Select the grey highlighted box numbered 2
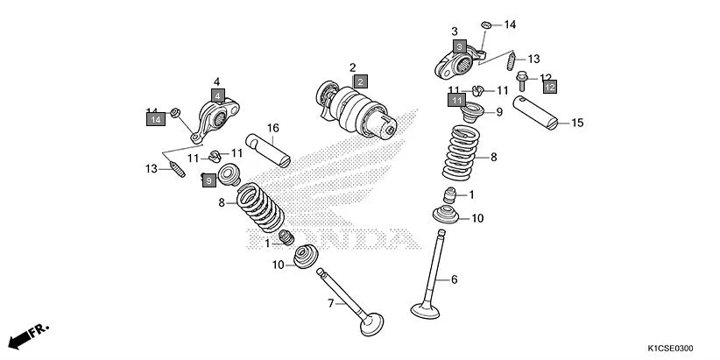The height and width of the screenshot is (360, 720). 359,81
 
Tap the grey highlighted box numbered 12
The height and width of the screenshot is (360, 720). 549,87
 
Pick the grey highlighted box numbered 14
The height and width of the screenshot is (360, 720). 155,118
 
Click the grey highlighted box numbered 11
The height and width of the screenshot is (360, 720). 456,101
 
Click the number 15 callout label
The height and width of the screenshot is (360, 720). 576,124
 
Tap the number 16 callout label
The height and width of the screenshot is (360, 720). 272,128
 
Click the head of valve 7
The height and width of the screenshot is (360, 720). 371,323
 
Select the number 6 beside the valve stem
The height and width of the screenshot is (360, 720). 455,279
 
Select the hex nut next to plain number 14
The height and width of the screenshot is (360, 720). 486,23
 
